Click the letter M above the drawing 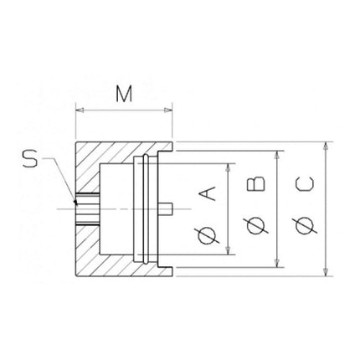[124, 94]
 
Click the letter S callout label [30, 158]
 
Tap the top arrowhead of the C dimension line [326, 146]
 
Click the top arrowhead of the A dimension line [229, 164]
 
